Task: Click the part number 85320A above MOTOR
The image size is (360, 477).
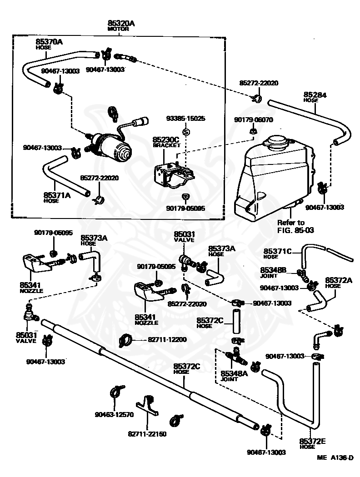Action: tap(121, 23)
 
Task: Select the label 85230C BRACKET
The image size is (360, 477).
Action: tap(166, 142)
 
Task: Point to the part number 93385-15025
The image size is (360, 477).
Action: tap(185, 118)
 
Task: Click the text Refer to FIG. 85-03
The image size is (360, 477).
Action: tap(295, 226)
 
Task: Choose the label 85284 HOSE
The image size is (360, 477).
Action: tap(315, 97)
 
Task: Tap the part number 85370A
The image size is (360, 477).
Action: tap(49, 42)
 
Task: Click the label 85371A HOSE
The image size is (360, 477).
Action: tap(57, 198)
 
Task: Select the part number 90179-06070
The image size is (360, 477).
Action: tap(254, 120)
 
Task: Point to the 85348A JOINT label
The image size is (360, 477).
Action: tap(234, 376)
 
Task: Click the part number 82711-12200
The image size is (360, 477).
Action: tap(167, 339)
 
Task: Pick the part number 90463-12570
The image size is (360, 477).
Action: tap(114, 414)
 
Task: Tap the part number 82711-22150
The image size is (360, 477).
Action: tap(147, 434)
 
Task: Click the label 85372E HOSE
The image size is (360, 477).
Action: tap(312, 443)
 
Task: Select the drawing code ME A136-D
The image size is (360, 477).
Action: tap(335, 457)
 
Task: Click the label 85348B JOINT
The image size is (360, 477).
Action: tap(273, 272)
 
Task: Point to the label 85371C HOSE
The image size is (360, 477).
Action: tap(277, 253)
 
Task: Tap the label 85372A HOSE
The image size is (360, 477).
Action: tap(338, 283)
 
